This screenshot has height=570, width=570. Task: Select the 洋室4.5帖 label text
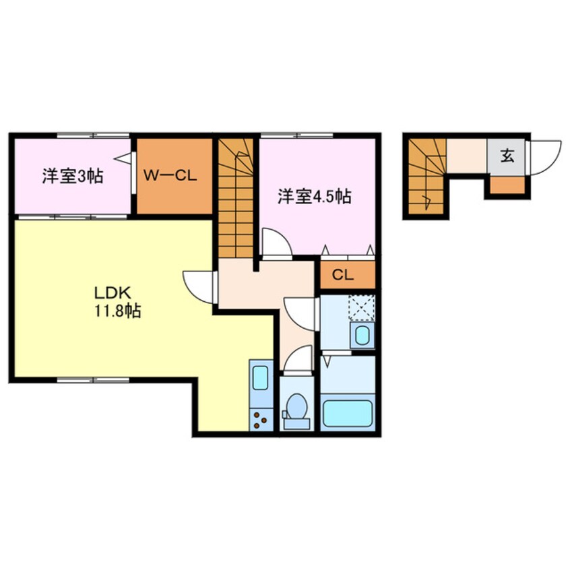[315, 197]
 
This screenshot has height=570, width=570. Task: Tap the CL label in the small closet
[342, 275]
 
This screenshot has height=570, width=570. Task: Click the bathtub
[347, 413]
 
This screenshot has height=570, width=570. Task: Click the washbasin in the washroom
[362, 334]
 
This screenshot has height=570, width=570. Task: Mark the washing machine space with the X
[360, 309]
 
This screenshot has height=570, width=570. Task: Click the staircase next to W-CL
[236, 202]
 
